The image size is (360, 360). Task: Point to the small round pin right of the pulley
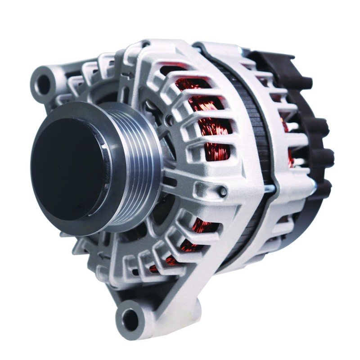point(223,192)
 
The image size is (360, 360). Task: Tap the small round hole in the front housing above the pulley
point(168,119)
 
